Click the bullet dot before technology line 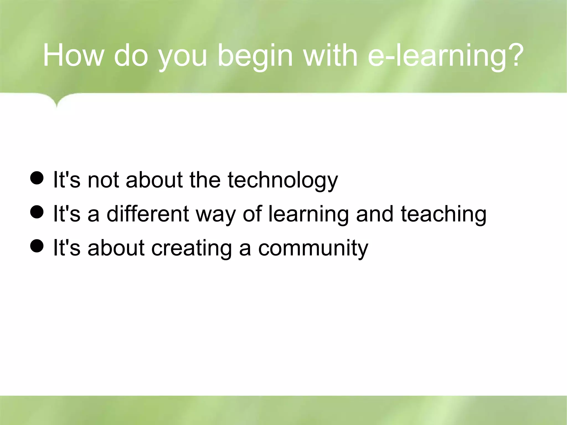[x=37, y=178]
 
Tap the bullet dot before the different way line [x=37, y=212]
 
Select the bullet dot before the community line [x=37, y=246]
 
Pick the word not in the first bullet [x=103, y=180]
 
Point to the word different [x=148, y=214]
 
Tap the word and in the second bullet [x=375, y=214]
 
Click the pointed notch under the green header [x=57, y=105]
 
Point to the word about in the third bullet [x=116, y=248]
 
